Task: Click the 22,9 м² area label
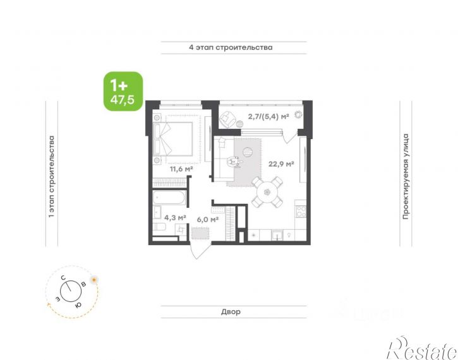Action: [x=281, y=164]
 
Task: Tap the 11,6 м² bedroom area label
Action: [x=181, y=169]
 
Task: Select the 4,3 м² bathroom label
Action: [x=175, y=217]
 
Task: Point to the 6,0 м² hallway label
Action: [x=208, y=219]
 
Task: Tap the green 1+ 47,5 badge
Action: [x=123, y=92]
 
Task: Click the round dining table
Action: [x=267, y=192]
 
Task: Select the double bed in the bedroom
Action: [x=173, y=139]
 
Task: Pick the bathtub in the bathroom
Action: [x=169, y=198]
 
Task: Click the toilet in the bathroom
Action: [x=159, y=227]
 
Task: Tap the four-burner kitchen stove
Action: [x=301, y=212]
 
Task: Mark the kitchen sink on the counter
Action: [x=277, y=235]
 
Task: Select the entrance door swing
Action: [x=200, y=249]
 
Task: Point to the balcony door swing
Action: [x=290, y=136]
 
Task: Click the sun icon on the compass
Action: [x=94, y=280]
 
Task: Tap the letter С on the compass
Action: [x=63, y=278]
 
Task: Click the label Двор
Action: [x=231, y=312]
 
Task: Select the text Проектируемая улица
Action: [x=406, y=177]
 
